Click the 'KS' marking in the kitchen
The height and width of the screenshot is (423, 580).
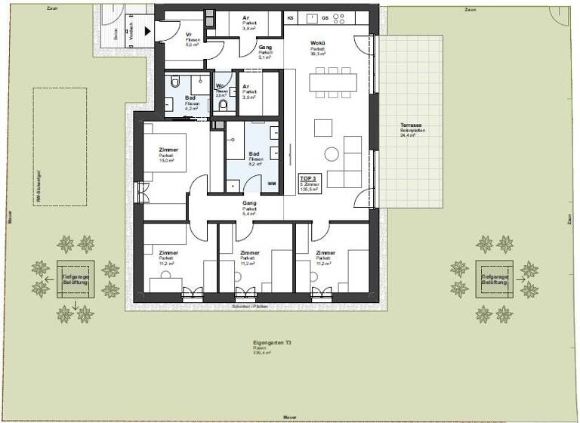[290, 17]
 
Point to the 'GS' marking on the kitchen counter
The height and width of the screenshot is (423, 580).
[325, 17]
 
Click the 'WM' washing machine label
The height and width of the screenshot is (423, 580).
[271, 184]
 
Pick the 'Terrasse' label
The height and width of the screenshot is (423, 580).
[411, 125]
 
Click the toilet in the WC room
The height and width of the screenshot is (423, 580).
[221, 106]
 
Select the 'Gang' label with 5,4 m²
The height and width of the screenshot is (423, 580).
[249, 203]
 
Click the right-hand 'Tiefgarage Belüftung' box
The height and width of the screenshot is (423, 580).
[495, 279]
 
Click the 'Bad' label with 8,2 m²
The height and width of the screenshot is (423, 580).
[255, 154]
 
